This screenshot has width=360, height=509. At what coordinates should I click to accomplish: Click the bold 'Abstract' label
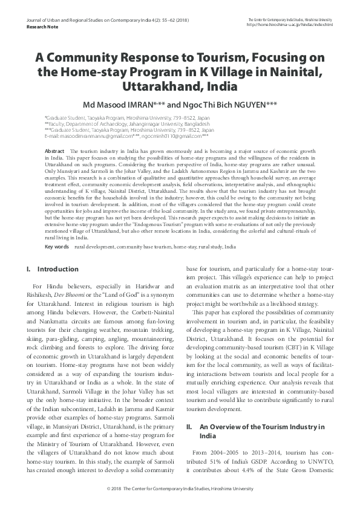55,151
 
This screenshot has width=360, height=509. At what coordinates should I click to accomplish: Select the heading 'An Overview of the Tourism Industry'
262,427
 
